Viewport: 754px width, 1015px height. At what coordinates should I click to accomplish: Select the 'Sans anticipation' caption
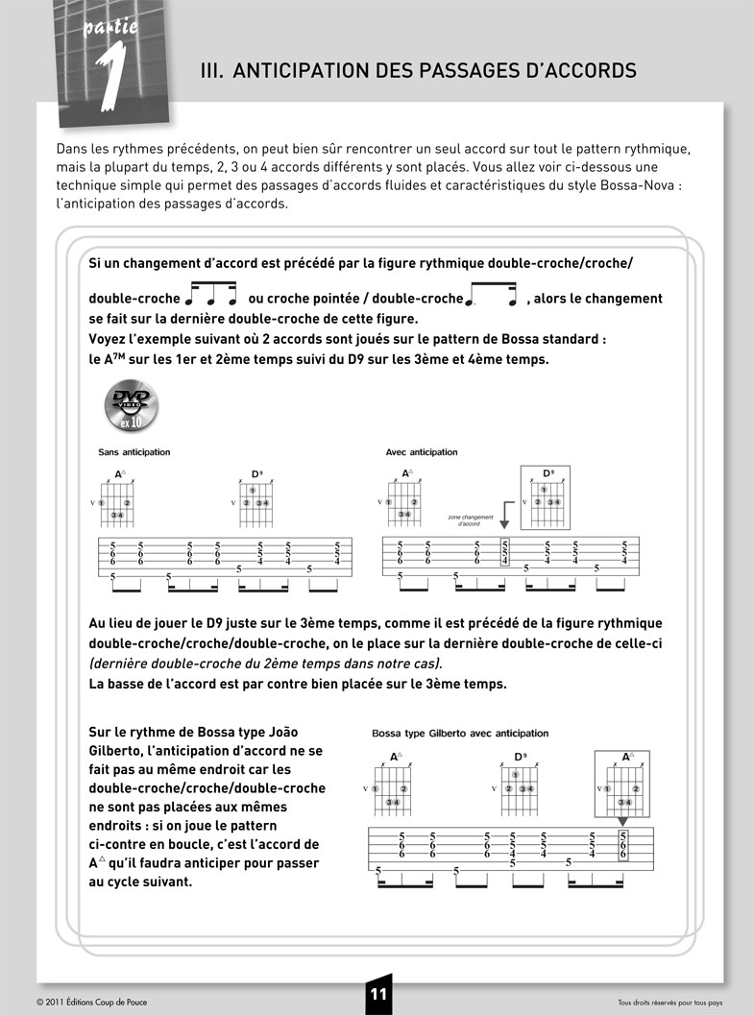(x=134, y=452)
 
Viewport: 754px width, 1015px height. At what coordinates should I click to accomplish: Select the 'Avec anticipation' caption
(x=422, y=452)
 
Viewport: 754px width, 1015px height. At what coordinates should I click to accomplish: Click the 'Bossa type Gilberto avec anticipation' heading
(x=460, y=734)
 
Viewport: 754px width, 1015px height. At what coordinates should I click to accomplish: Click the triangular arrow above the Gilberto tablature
(x=623, y=822)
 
